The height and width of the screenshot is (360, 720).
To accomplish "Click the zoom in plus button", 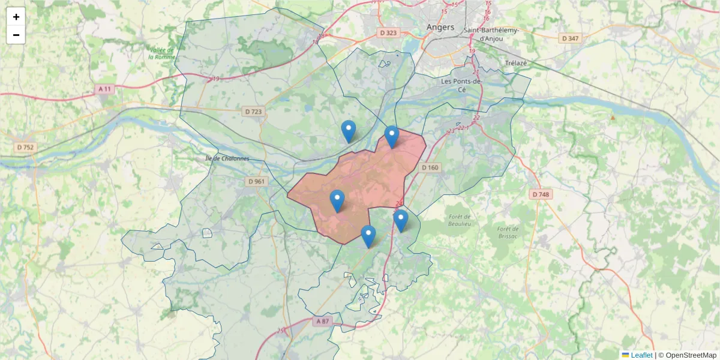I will (16, 17).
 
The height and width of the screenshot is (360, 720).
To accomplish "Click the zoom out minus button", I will (16, 35).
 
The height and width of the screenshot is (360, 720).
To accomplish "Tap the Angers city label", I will (440, 27).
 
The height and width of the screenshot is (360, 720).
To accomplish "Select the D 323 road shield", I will (388, 32).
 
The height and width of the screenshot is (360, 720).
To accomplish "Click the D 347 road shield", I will (570, 38).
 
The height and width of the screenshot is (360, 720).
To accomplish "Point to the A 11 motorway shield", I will (104, 89).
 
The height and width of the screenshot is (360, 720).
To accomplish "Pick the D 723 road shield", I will (254, 112).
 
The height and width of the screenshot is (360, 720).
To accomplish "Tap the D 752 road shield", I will (25, 147).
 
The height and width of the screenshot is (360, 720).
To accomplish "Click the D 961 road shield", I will (256, 181).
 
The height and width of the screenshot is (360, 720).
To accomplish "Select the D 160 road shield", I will (430, 167).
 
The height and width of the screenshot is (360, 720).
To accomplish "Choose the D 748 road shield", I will (541, 194).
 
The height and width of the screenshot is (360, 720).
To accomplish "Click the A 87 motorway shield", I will (322, 322).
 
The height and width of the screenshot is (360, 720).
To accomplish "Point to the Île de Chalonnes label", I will (227, 158).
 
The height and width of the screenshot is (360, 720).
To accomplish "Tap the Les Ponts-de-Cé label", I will (462, 85).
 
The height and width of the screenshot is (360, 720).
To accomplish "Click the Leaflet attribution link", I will (641, 355).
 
